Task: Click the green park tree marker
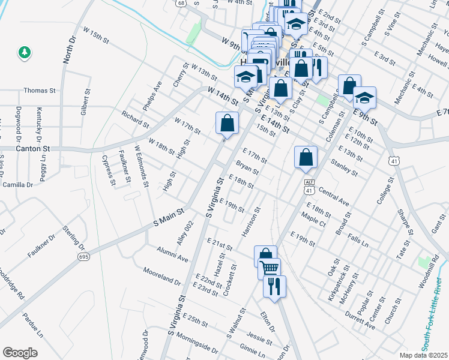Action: tap(25, 53)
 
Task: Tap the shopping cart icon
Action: tap(270, 268)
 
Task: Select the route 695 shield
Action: tap(83, 256)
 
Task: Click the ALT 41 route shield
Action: tap(309, 186)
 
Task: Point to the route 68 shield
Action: tap(180, 3)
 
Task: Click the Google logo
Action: tap(20, 352)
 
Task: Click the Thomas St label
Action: tap(39, 91)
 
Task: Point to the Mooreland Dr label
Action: tap(161, 276)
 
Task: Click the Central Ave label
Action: tap(334, 196)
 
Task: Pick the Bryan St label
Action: tap(247, 167)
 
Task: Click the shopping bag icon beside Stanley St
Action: tap(306, 157)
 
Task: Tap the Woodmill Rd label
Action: tap(435, 267)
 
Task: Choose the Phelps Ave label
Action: tap(152, 95)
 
